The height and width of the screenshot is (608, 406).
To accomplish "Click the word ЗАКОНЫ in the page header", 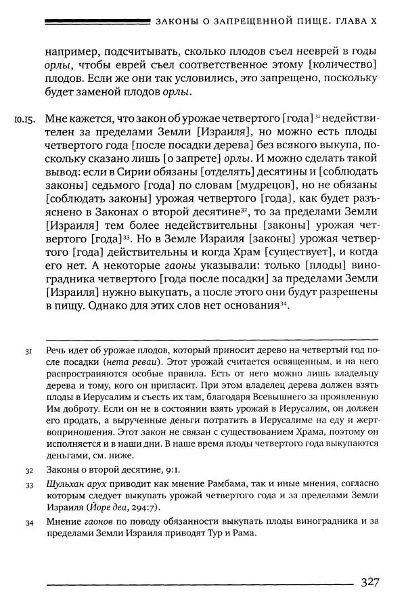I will coord(179,22).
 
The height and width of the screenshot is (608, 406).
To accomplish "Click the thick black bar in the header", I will coord(95,22).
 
